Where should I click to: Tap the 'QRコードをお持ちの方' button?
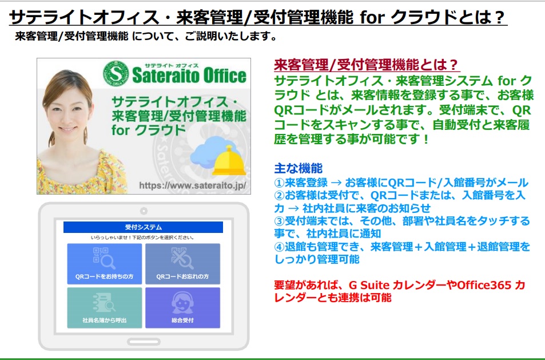[105, 264]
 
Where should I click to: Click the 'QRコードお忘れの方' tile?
[183, 264]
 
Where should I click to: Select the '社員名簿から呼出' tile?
[105, 308]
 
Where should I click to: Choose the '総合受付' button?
[183, 308]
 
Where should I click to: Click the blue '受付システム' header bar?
[143, 227]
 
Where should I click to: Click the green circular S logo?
[116, 74]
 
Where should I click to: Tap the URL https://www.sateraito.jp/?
[193, 185]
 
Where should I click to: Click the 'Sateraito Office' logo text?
[189, 76]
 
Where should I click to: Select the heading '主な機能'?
[299, 168]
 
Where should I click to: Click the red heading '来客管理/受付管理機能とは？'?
[366, 64]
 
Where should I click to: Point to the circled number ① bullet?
[280, 183]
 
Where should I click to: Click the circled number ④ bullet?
[280, 247]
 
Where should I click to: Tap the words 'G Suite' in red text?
[369, 285]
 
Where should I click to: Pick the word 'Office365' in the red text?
[484, 285]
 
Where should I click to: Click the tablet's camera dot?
[144, 211]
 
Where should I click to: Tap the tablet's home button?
[144, 342]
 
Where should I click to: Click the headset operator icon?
[182, 303]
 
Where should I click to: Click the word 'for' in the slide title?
[371, 17]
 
